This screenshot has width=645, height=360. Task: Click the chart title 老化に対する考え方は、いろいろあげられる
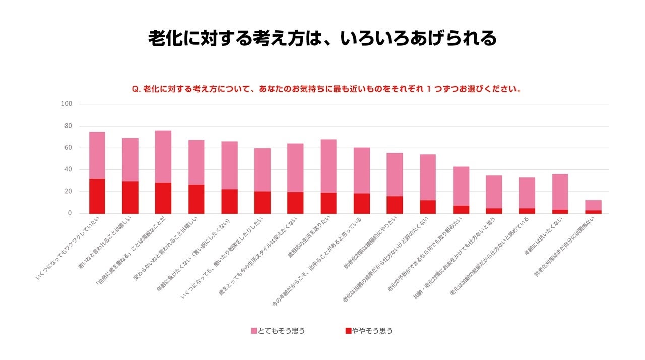(322, 38)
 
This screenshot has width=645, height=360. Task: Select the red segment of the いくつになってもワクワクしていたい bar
(97, 196)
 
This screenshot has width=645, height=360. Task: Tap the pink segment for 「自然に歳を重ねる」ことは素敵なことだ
(163, 156)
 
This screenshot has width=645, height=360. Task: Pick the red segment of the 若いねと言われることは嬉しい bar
(130, 197)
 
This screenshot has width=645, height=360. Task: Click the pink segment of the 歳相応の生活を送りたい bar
(329, 166)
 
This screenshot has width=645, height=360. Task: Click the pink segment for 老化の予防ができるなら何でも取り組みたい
(461, 186)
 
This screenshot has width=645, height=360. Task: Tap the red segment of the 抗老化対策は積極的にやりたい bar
(395, 205)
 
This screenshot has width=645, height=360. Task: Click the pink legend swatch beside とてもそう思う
(254, 331)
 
